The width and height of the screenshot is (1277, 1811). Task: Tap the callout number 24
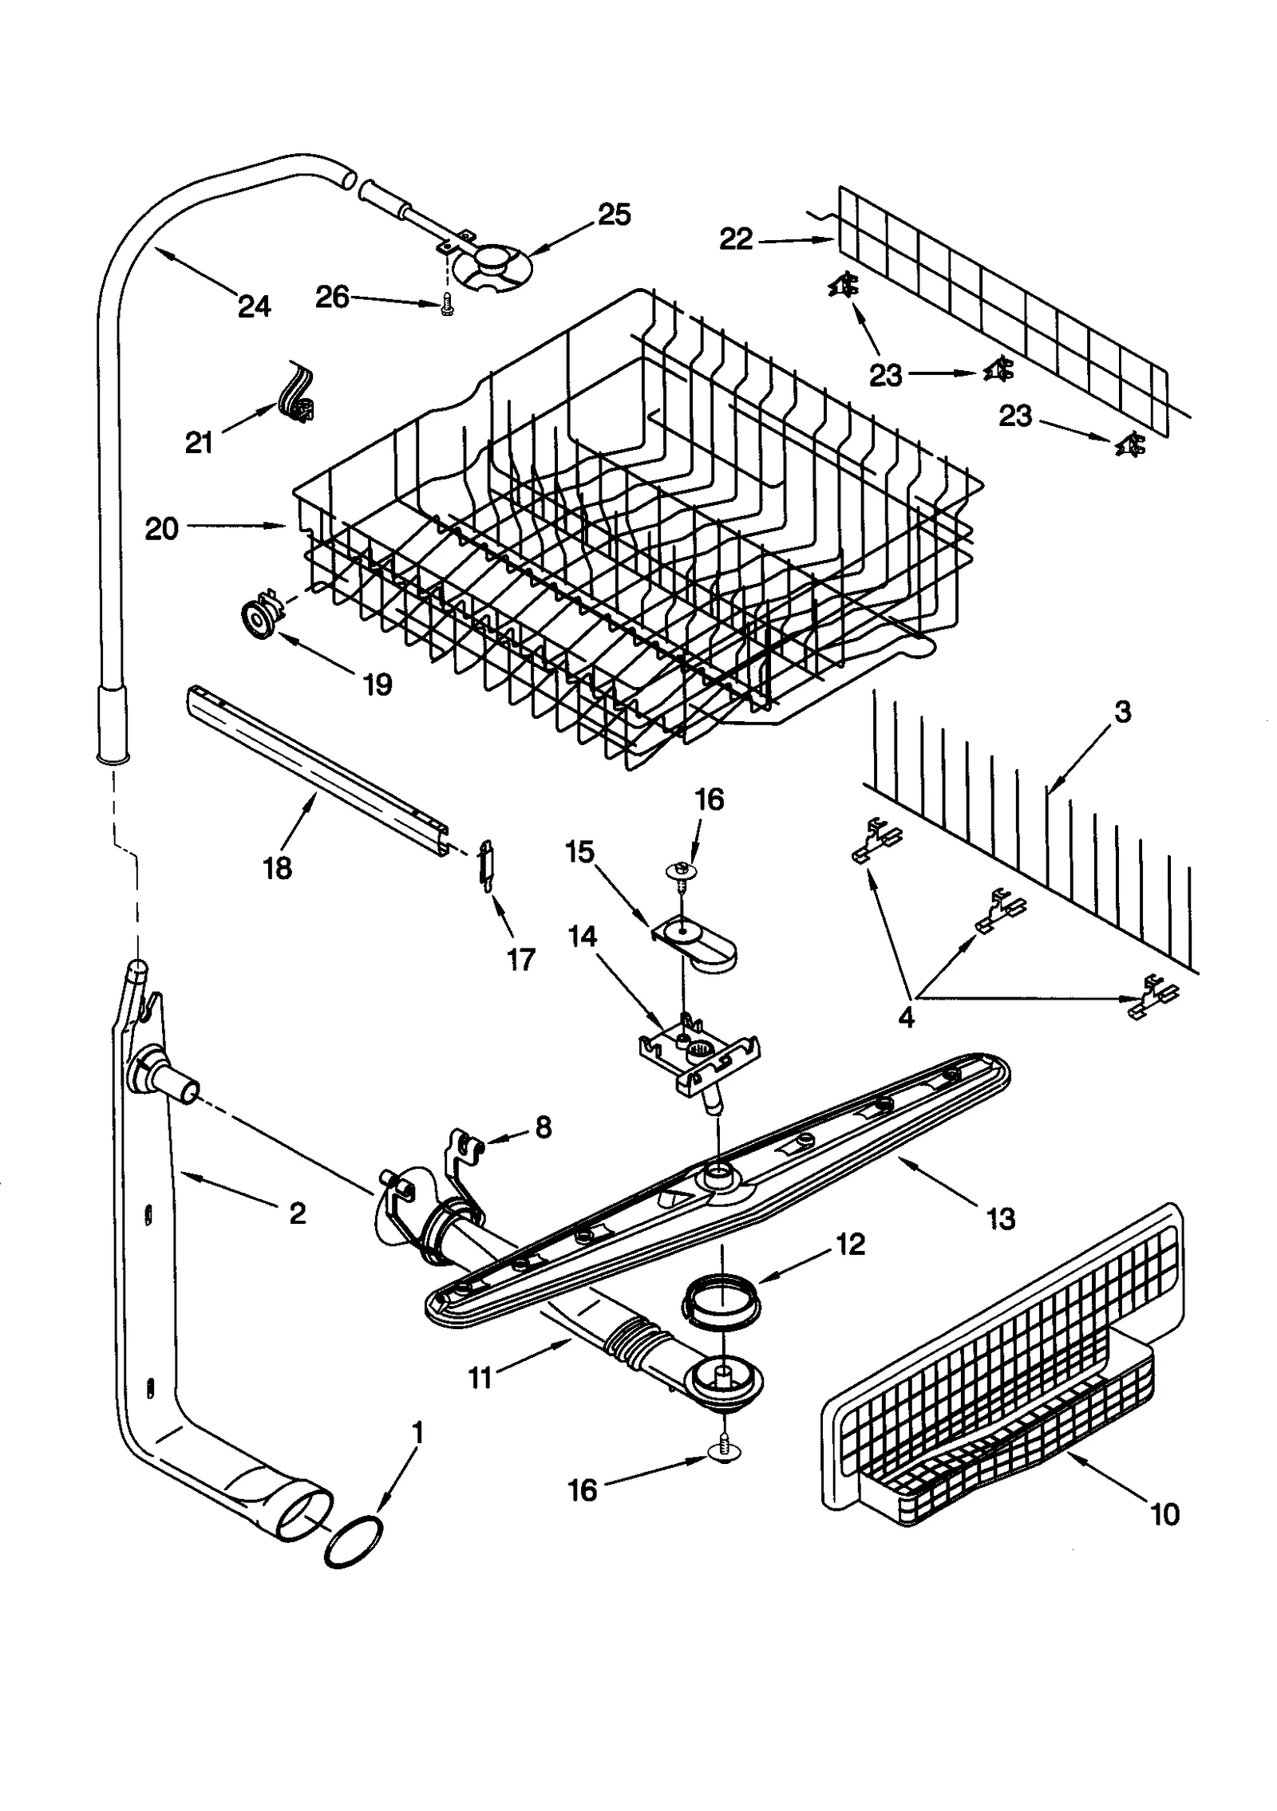254,306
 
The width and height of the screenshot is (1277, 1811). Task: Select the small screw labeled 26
445,306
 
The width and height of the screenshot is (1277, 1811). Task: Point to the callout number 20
161,529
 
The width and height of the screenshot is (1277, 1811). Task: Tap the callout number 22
736,239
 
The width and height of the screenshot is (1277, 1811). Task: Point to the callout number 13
1001,1218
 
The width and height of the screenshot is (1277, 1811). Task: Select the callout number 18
278,868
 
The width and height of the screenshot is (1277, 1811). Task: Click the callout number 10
1165,1513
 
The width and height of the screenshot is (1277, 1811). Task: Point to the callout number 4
906,1017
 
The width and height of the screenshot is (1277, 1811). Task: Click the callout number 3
1122,712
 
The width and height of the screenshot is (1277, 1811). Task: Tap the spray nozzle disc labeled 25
492,265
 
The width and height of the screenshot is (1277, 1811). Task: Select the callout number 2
297,1213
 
